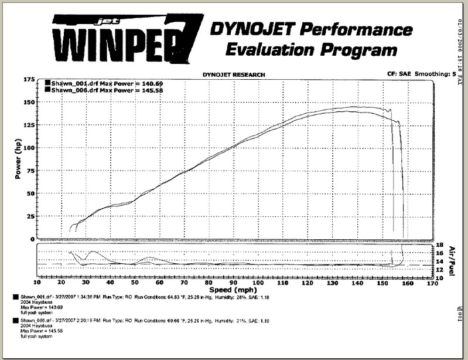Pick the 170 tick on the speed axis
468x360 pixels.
click(x=432, y=282)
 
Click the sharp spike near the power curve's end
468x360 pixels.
click(x=388, y=109)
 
